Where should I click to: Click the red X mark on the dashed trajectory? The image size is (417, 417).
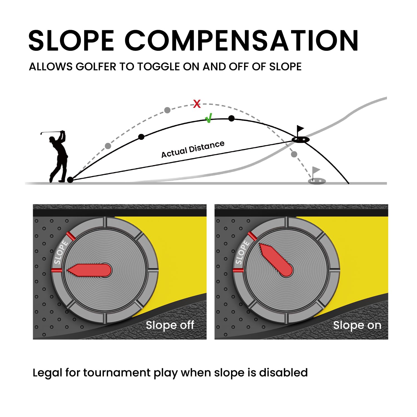[197, 104]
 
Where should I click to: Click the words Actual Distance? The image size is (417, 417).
[193, 149]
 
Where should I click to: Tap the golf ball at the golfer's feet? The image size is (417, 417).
[70, 180]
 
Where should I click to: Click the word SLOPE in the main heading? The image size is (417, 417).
[71, 41]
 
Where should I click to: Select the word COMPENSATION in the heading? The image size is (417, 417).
[242, 41]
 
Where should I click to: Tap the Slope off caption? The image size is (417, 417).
[170, 325]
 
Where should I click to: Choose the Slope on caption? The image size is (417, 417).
[357, 325]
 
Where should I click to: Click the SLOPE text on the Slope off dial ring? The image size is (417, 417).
[61, 252]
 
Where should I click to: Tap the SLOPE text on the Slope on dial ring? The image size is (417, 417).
[242, 252]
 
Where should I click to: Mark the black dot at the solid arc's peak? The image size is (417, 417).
[231, 119]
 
